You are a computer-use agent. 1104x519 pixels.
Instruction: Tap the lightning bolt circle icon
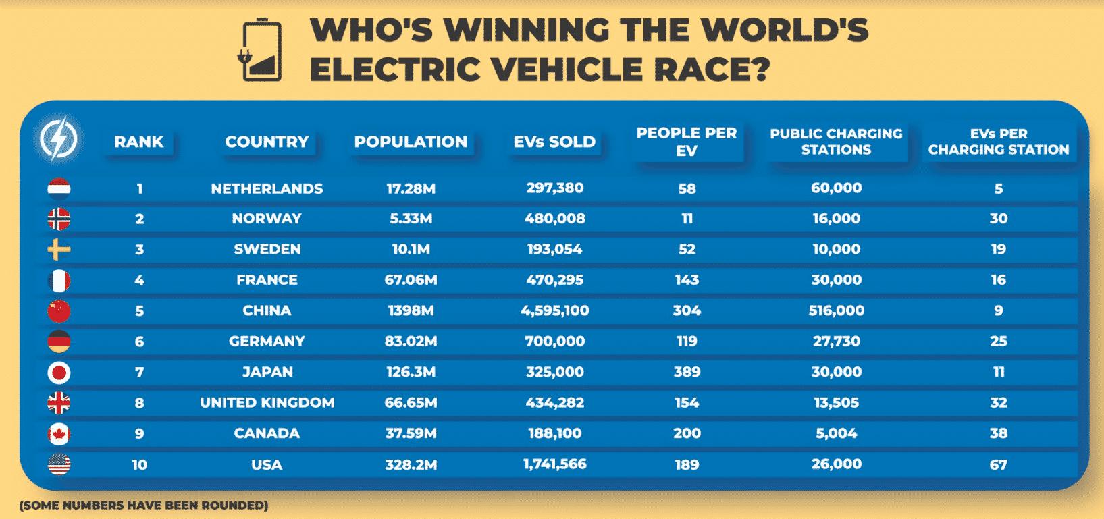click(59, 140)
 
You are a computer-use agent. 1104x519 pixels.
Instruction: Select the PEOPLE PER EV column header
click(686, 141)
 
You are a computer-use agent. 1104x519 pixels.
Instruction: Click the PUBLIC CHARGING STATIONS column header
click(836, 141)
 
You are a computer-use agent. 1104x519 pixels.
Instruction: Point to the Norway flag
click(59, 219)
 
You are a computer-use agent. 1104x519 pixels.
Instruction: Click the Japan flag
click(59, 372)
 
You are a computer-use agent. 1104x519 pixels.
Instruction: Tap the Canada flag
click(59, 433)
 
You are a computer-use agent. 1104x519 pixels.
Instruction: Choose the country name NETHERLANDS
click(267, 188)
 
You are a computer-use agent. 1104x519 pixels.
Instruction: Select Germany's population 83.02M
click(411, 342)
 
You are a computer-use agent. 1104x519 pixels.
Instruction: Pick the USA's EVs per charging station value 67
click(998, 464)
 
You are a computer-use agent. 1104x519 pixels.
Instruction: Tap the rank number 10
click(139, 464)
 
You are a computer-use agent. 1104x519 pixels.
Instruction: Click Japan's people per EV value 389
click(687, 372)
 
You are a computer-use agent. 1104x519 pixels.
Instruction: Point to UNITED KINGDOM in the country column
click(267, 403)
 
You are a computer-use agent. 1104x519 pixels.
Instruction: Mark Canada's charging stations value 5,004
click(836, 433)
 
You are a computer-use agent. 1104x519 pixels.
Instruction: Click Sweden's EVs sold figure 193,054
click(554, 249)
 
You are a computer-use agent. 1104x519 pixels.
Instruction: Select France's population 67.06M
click(411, 280)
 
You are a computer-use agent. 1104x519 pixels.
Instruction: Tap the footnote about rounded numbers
click(144, 505)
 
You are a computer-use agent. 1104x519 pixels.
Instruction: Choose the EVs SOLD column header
click(554, 142)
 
